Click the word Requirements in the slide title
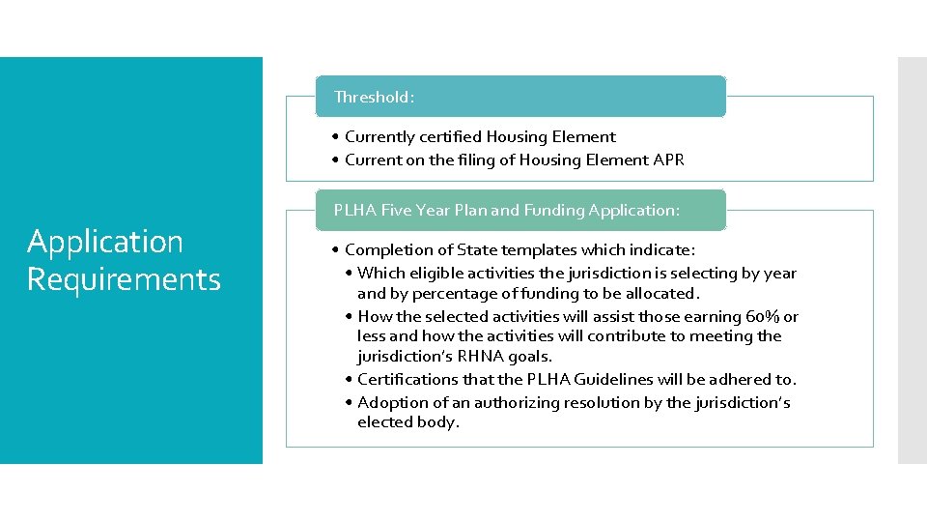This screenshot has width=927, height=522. click(124, 279)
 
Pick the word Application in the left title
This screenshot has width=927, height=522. click(104, 241)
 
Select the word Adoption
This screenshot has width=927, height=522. click(388, 402)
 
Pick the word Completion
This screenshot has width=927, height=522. click(386, 250)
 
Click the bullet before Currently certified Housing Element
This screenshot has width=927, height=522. click(333, 137)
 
